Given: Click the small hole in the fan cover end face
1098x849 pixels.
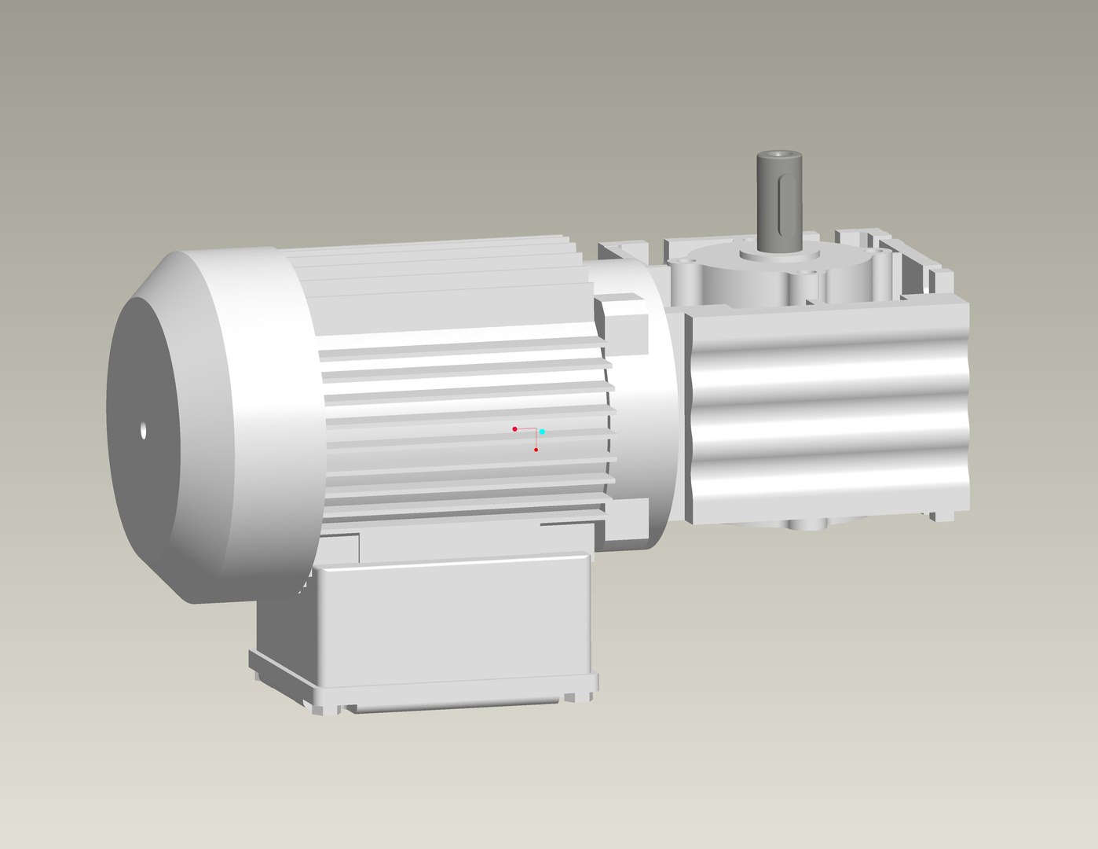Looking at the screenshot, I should click(143, 430).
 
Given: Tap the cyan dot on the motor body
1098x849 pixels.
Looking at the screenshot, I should click(542, 432).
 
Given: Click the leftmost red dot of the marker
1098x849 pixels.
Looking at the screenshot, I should click(514, 429).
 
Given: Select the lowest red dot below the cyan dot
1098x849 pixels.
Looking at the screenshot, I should click(536, 450).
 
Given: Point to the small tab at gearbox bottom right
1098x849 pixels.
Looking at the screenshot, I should click(942, 516).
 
